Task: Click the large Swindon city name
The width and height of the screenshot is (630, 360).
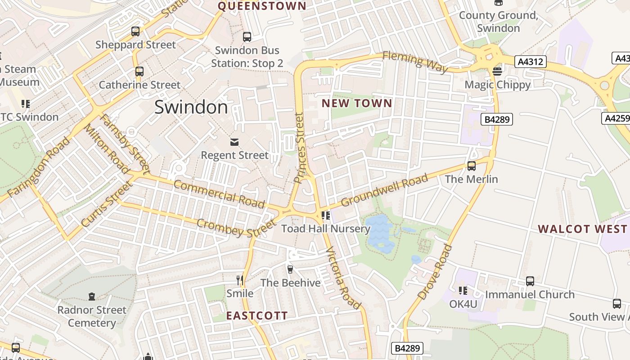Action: pyautogui.click(x=191, y=107)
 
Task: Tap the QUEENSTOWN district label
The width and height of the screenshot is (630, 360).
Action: pyautogui.click(x=262, y=6)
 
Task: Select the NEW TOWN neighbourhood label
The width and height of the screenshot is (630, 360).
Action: pyautogui.click(x=357, y=103)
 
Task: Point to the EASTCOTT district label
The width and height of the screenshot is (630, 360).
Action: pyautogui.click(x=256, y=315)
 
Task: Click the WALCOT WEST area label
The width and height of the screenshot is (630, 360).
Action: pyautogui.click(x=582, y=229)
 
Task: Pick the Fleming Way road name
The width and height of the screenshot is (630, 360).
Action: pyautogui.click(x=416, y=62)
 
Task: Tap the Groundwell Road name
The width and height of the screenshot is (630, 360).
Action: pyautogui.click(x=384, y=190)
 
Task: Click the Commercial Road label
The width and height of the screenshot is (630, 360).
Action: pyautogui.click(x=219, y=193)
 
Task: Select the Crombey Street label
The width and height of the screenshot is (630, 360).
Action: pyautogui.click(x=235, y=228)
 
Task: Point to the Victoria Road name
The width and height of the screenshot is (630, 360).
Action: pyautogui.click(x=343, y=278)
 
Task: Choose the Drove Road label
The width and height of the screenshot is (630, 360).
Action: pyautogui.click(x=435, y=272)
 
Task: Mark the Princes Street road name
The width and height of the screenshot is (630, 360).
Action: pyautogui.click(x=300, y=148)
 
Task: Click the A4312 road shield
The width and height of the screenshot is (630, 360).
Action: pyautogui.click(x=531, y=62)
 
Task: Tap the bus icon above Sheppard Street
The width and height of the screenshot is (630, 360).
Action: pyautogui.click(x=135, y=31)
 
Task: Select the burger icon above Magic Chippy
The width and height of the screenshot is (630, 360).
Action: pyautogui.click(x=497, y=71)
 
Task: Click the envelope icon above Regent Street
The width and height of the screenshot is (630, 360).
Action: pyautogui.click(x=234, y=142)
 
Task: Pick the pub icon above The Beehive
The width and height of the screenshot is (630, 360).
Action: pyautogui.click(x=290, y=269)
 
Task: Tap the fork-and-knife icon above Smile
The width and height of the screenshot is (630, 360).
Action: pyautogui.click(x=240, y=280)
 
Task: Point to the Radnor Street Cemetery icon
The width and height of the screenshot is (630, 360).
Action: pyautogui.click(x=92, y=296)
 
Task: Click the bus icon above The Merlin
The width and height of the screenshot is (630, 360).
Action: pyautogui.click(x=471, y=166)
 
